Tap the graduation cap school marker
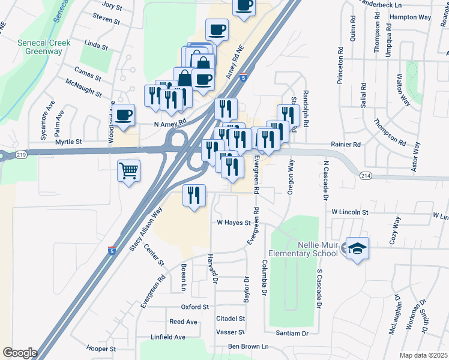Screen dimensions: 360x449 tap(357, 248)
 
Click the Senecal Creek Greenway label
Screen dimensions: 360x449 tap(44, 47)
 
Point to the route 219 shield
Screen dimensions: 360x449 tap(22, 155)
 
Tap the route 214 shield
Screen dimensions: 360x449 tap(366, 175)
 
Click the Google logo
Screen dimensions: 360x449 tap(20, 353)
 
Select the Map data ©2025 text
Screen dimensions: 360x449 tap(423, 355)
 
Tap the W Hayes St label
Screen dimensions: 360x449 tap(233, 223)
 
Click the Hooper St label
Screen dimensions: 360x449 tap(101, 349)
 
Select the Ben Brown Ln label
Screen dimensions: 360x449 tap(247, 347)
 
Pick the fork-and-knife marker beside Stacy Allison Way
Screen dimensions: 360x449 tap(194, 196)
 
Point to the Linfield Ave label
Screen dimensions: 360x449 tap(168, 337)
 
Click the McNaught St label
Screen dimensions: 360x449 tap(84, 87)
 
